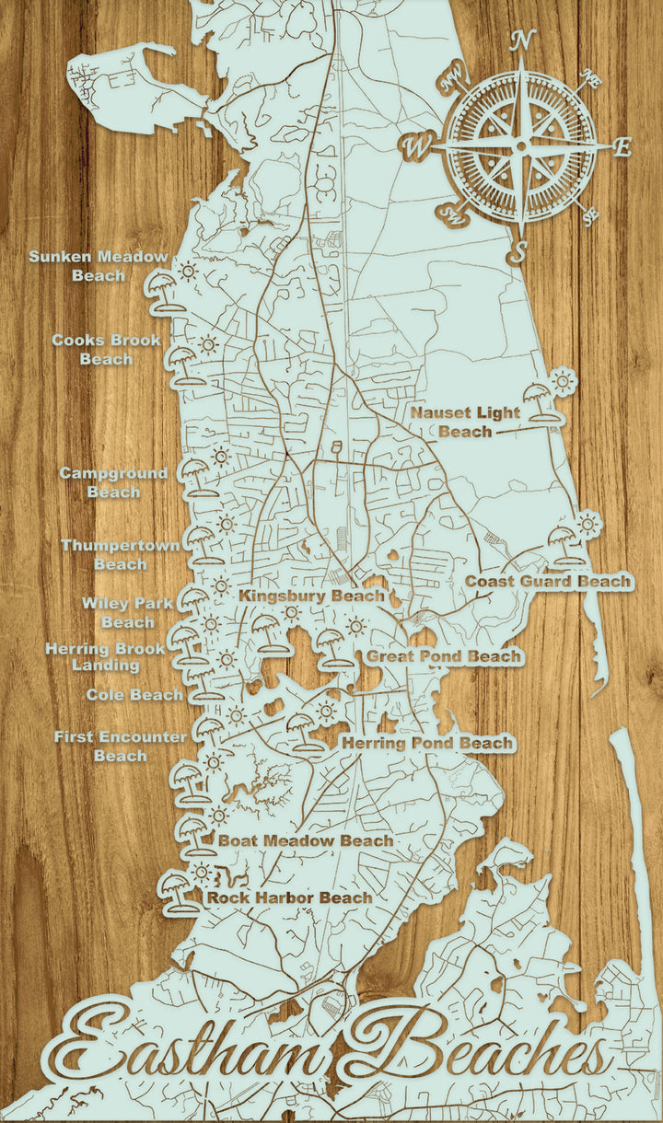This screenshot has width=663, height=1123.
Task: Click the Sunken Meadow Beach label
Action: click(x=99, y=265)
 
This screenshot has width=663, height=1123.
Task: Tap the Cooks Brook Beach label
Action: click(x=106, y=350)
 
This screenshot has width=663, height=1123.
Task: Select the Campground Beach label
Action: click(x=114, y=482)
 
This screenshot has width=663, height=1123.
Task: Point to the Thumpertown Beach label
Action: click(x=121, y=554)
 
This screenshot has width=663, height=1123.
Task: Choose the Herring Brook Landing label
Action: click(x=106, y=656)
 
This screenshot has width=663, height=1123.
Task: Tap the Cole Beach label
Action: click(x=134, y=695)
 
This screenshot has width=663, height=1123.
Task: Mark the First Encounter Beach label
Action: click(x=121, y=747)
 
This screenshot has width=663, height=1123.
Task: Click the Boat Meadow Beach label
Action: click(x=305, y=840)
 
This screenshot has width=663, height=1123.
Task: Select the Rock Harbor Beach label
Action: click(x=289, y=897)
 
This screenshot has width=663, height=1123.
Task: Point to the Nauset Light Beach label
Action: click(x=465, y=422)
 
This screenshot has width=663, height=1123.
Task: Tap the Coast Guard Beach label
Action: click(x=548, y=582)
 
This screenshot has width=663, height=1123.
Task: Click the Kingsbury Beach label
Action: click(x=311, y=596)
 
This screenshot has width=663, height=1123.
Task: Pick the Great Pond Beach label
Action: click(x=445, y=657)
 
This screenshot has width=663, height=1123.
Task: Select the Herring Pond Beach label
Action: click(x=427, y=743)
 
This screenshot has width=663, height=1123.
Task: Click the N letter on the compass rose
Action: click(x=523, y=40)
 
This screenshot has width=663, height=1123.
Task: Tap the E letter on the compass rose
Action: click(x=623, y=146)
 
